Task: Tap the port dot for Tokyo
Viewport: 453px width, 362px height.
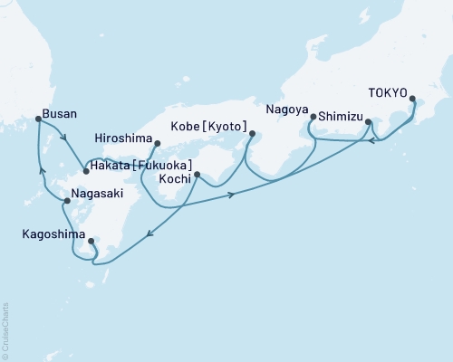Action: pos(412,100)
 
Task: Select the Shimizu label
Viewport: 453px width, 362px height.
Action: pos(340,117)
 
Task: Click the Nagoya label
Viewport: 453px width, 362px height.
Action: pos(287,109)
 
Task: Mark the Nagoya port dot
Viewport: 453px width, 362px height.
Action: pos(313,117)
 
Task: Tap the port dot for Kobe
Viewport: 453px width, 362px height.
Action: pos(252,137)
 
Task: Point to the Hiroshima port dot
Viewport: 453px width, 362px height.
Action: pos(157,142)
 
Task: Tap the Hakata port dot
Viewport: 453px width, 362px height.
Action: pos(85,170)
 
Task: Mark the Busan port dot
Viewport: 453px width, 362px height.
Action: pos(37,119)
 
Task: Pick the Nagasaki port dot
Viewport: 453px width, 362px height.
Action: pos(68,200)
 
